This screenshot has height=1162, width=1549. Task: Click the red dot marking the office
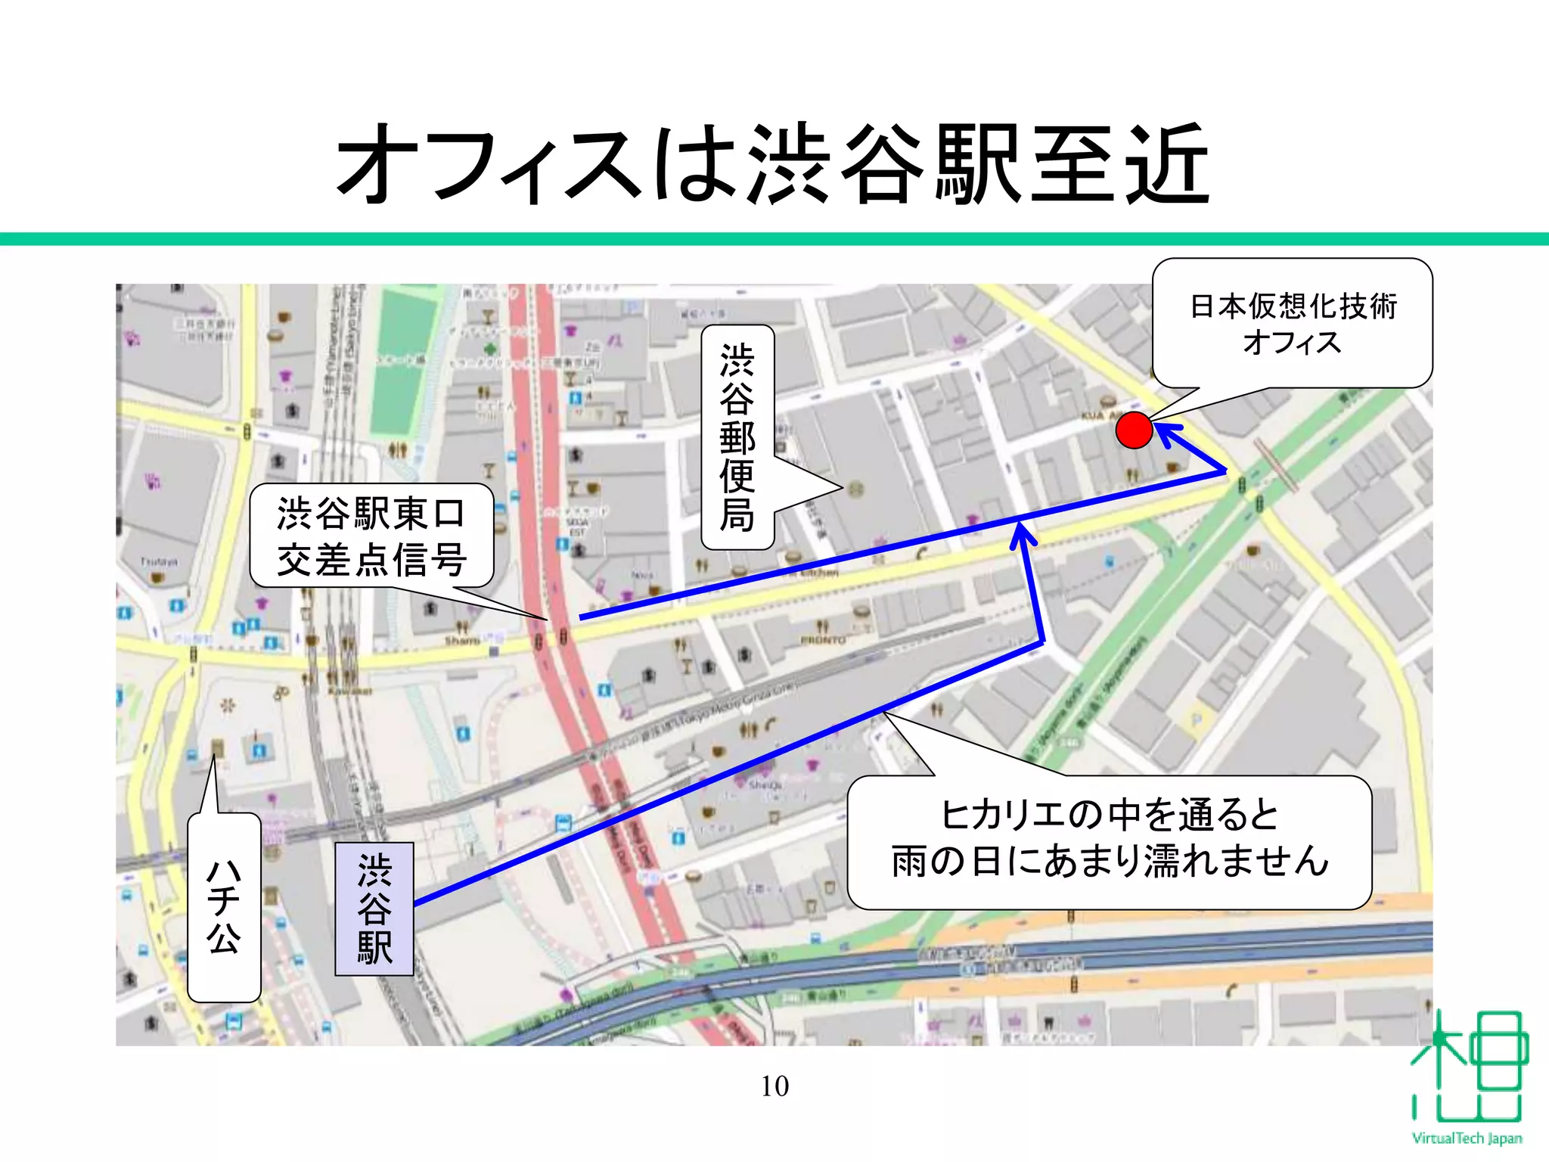pyautogui.click(x=1134, y=430)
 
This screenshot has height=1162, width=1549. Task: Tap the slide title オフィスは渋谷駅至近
pyautogui.click(x=774, y=165)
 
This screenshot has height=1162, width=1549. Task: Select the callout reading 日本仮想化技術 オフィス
pyautogui.click(x=1293, y=324)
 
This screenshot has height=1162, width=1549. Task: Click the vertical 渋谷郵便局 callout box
pyautogui.click(x=737, y=437)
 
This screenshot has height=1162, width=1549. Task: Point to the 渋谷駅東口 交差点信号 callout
pyautogui.click(x=371, y=536)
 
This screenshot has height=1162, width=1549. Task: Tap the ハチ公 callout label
pyautogui.click(x=224, y=907)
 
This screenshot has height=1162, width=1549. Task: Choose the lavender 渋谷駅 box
pyautogui.click(x=374, y=909)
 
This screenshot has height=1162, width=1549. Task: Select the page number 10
pyautogui.click(x=774, y=1086)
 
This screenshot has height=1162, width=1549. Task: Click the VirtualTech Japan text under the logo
pyautogui.click(x=1467, y=1138)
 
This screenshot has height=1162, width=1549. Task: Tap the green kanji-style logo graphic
pyautogui.click(x=1467, y=1067)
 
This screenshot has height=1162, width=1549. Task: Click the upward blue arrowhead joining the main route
pyautogui.click(x=1023, y=536)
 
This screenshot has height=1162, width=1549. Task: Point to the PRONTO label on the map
pyautogui.click(x=823, y=640)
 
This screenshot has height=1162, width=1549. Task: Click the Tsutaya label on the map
pyautogui.click(x=159, y=561)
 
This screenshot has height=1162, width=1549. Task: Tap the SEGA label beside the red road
pyautogui.click(x=577, y=523)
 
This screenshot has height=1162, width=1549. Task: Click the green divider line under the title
pyautogui.click(x=774, y=239)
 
